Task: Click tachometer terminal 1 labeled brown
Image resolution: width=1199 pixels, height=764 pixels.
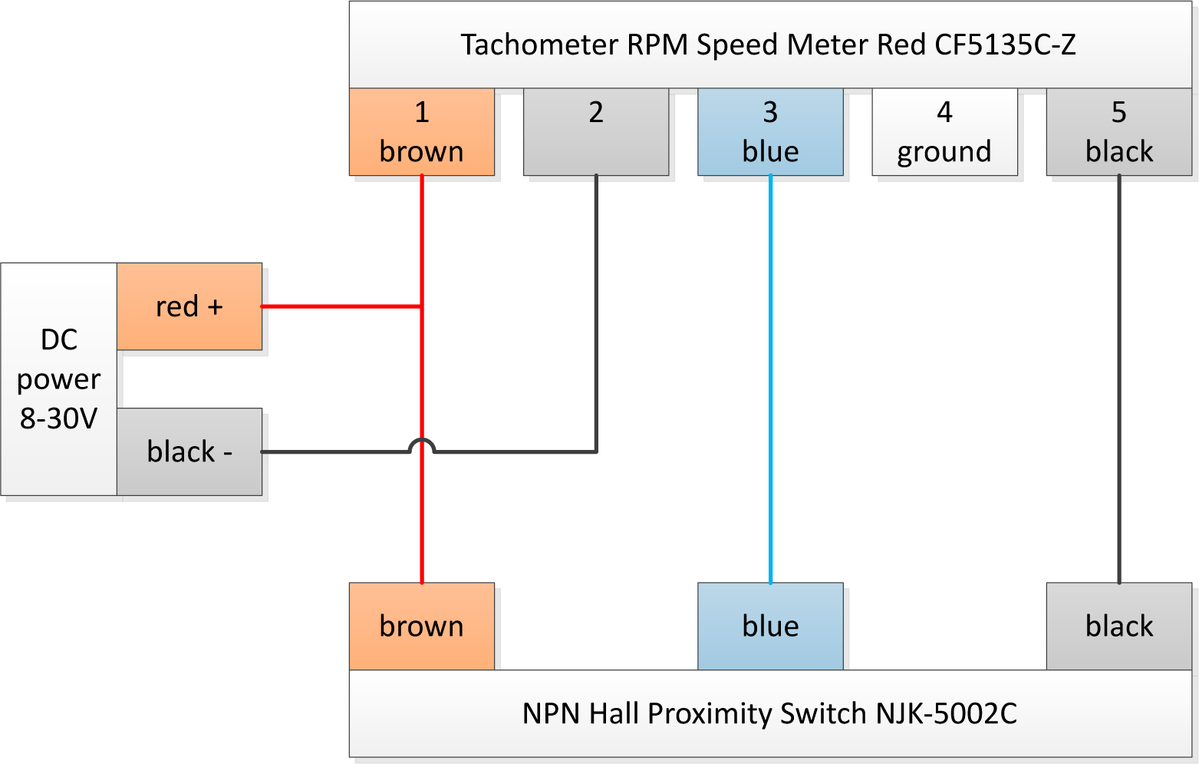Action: pyautogui.click(x=422, y=132)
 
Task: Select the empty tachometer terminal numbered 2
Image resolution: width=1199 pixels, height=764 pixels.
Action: pyautogui.click(x=596, y=132)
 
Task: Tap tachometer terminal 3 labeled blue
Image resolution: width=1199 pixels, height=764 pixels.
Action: pyautogui.click(x=770, y=132)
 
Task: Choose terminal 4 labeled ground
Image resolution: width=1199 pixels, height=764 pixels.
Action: pyautogui.click(x=945, y=132)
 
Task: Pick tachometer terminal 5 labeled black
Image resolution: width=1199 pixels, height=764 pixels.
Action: pyautogui.click(x=1119, y=132)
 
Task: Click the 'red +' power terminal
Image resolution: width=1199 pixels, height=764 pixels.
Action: pyautogui.click(x=189, y=306)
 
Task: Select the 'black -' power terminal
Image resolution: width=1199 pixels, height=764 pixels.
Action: pyautogui.click(x=189, y=451)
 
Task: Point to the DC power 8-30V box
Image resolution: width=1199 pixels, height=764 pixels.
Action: pyautogui.click(x=59, y=379)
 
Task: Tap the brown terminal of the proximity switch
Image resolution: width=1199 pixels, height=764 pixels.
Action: pyautogui.click(x=422, y=627)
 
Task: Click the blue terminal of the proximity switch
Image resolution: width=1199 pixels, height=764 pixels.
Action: pyautogui.click(x=770, y=627)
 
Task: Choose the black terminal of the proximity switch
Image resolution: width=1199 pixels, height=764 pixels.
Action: pyautogui.click(x=1119, y=627)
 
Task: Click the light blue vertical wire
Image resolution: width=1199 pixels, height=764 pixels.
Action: pyautogui.click(x=770, y=379)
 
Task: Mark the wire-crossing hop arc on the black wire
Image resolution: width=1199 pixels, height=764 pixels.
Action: pyautogui.click(x=422, y=440)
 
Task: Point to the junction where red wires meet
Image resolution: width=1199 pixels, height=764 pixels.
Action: pyautogui.click(x=422, y=306)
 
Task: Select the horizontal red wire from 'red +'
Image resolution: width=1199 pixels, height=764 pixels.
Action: pyautogui.click(x=341, y=306)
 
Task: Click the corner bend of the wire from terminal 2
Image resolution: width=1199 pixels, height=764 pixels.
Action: pyautogui.click(x=596, y=451)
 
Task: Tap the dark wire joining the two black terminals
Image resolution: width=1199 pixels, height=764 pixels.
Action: pyautogui.click(x=1119, y=379)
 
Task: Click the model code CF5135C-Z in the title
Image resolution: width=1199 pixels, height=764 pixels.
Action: pyautogui.click(x=1005, y=45)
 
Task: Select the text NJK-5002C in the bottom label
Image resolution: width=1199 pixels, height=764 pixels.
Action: pyautogui.click(x=946, y=713)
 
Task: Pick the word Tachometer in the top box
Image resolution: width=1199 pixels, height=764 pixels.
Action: pyautogui.click(x=539, y=45)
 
